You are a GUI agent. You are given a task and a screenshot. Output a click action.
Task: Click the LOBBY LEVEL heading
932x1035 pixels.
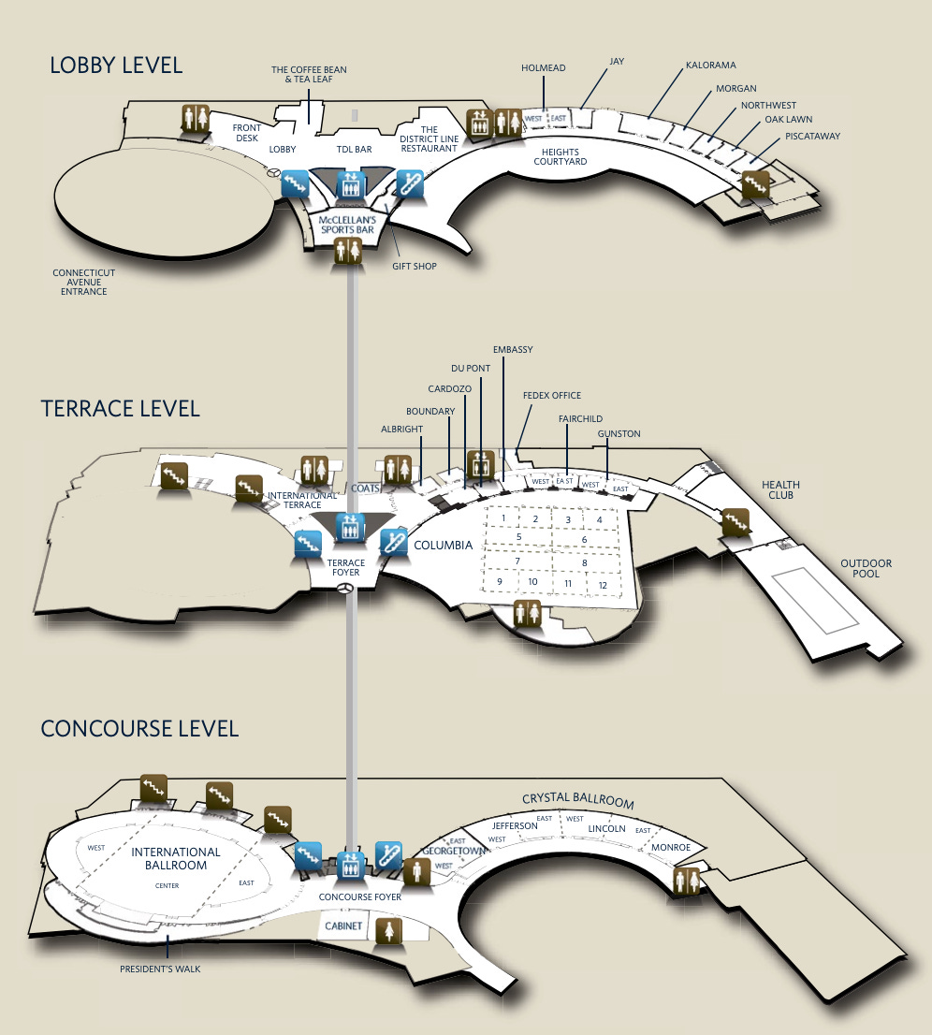pos(116,65)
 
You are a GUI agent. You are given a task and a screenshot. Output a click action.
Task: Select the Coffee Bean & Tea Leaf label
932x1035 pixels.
pos(304,75)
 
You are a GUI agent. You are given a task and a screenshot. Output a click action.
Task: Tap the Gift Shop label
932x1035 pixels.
pos(415,267)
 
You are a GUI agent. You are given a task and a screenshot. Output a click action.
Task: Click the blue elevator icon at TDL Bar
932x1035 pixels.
pos(349,182)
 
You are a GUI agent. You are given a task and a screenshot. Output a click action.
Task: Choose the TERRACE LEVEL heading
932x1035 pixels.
pos(120,409)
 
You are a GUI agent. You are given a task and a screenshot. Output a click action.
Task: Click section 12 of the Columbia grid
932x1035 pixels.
pos(603,585)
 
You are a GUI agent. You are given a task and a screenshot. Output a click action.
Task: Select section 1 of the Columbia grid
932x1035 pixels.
pos(503,517)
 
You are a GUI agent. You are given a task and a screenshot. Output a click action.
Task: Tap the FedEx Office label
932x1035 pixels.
pos(552,396)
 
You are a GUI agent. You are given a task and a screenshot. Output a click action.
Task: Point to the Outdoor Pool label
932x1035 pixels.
pos(866,568)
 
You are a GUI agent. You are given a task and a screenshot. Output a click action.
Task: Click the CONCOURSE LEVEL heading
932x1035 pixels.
pos(139,728)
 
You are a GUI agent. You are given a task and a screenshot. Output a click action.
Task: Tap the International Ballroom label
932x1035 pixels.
pos(176,858)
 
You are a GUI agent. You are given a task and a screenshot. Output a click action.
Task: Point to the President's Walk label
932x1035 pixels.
pos(160,969)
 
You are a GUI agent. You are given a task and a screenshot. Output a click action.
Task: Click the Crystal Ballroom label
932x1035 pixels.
pos(577,801)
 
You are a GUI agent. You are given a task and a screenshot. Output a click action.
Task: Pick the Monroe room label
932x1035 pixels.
pos(670,847)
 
